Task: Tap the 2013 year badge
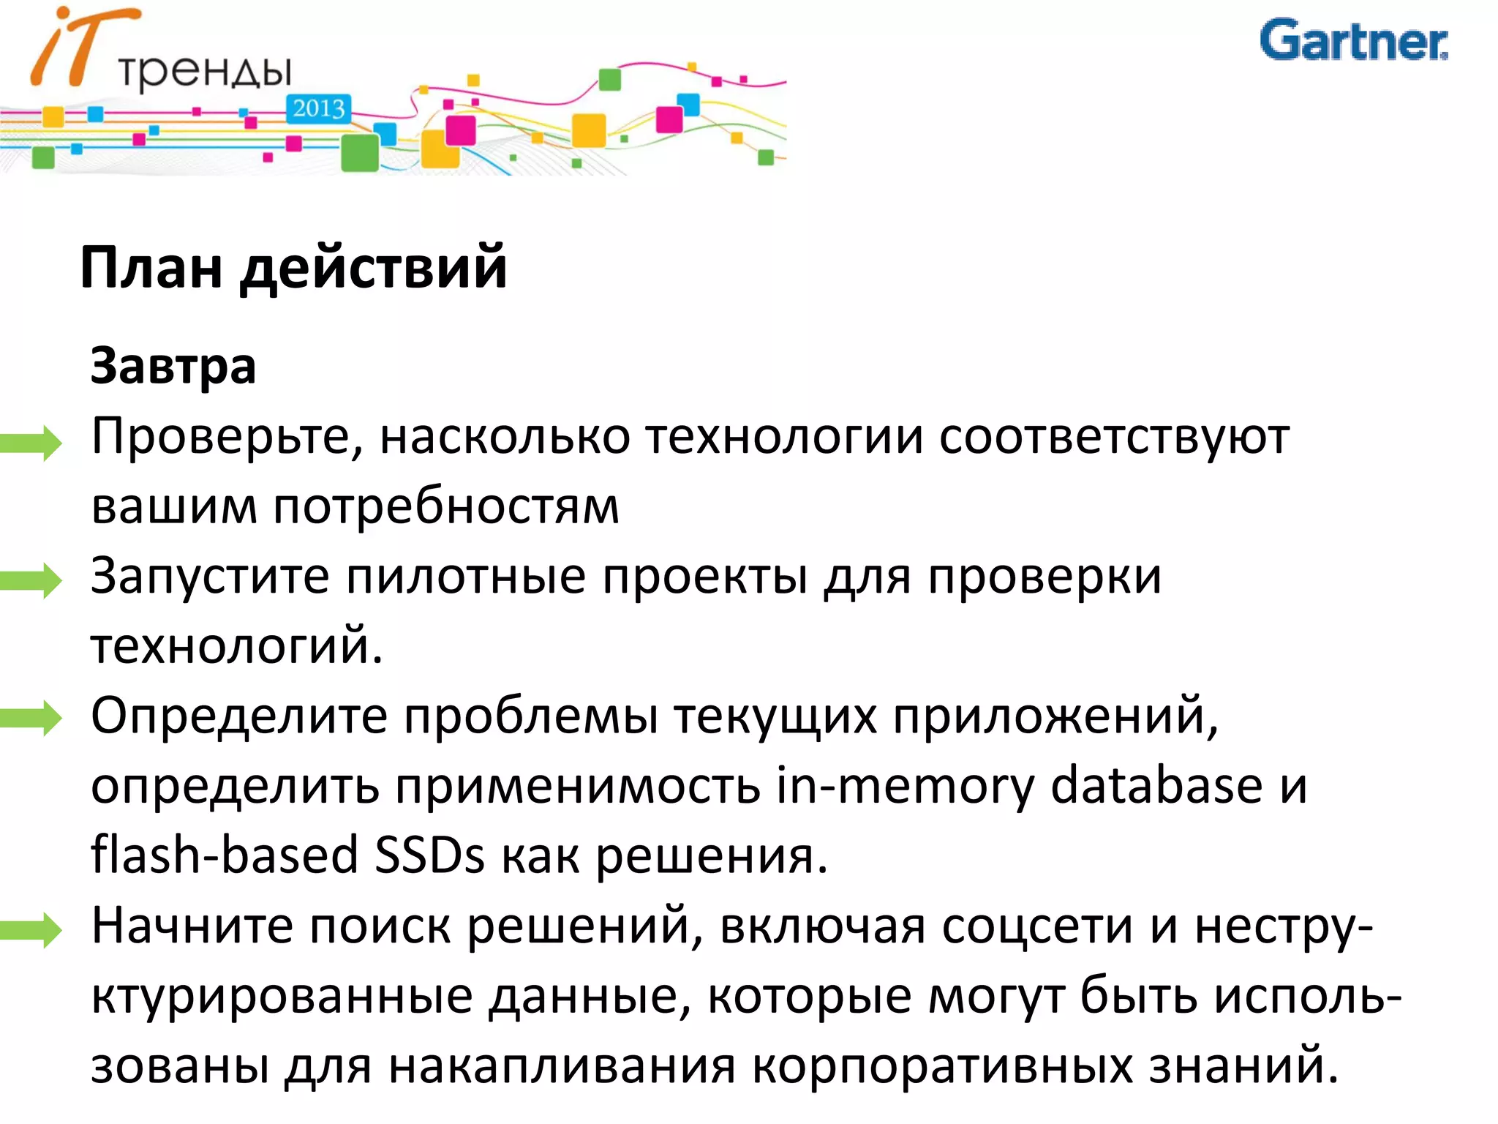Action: pos(319,109)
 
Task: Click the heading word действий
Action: pos(373,268)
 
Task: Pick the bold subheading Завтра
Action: pos(173,366)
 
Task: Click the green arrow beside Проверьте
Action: pos(31,442)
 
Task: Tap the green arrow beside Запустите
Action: pos(31,580)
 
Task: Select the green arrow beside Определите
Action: pos(31,717)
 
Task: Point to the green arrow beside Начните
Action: pos(31,929)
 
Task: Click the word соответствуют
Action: pos(1114,438)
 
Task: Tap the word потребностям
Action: pos(446,507)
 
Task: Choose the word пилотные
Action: pos(466,577)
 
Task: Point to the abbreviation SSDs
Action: pos(429,855)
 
